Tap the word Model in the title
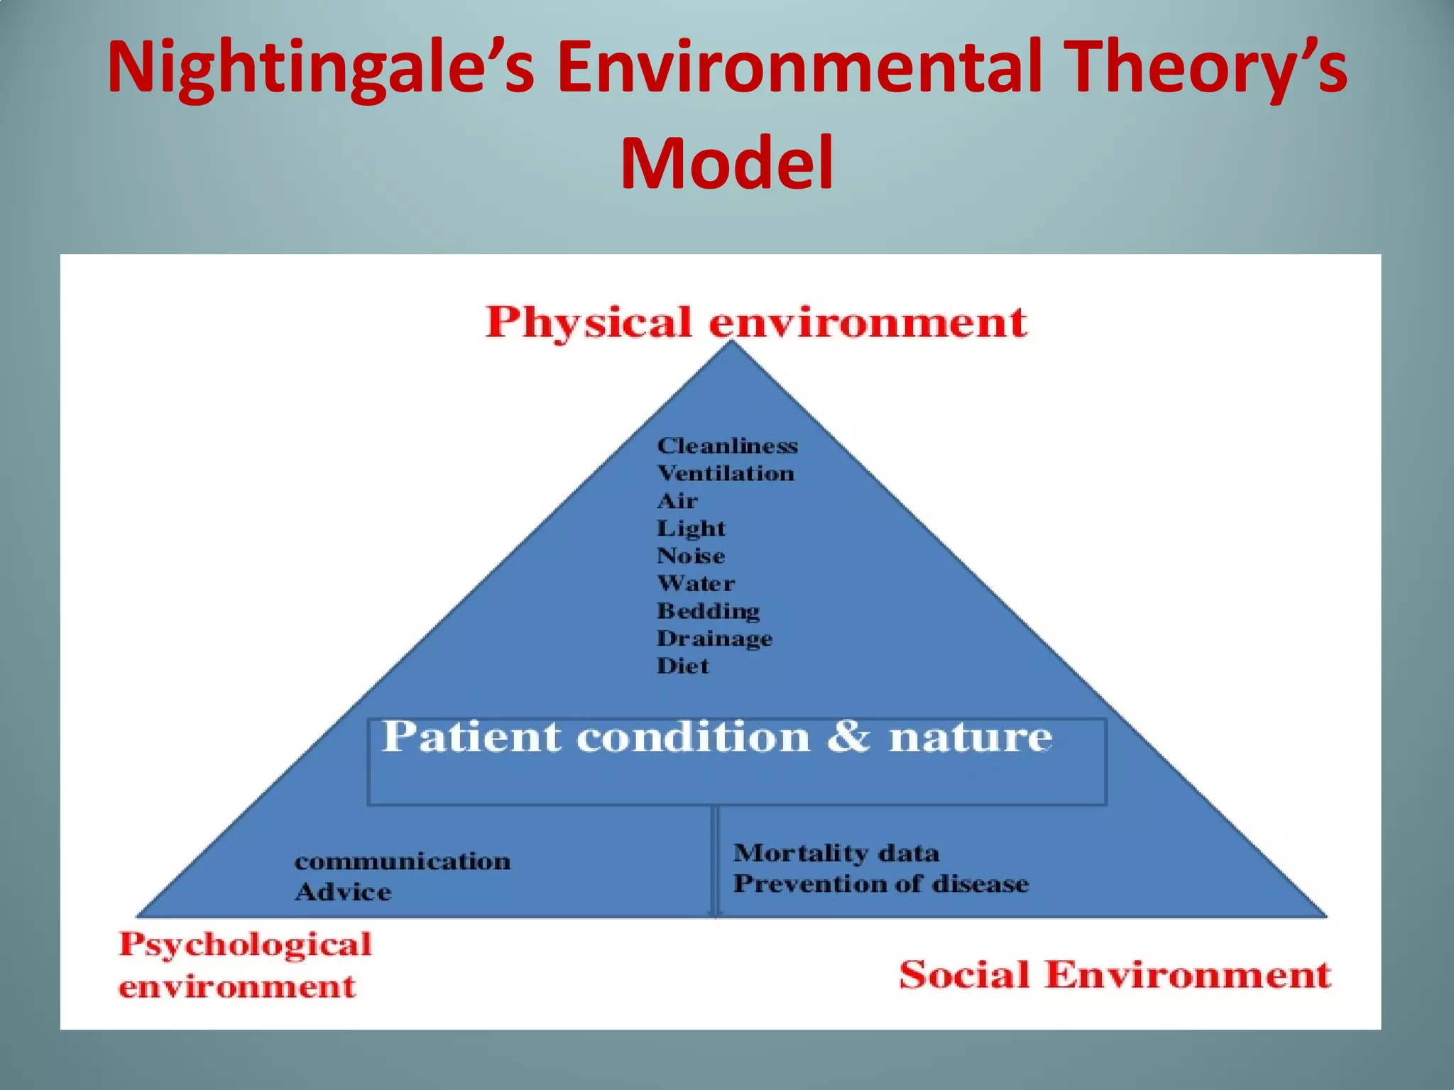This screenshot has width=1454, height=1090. [726, 165]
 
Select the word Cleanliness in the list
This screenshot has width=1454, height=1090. [727, 446]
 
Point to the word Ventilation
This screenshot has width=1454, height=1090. [725, 473]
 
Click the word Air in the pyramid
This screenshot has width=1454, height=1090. [677, 501]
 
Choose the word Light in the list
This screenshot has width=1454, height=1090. [691, 529]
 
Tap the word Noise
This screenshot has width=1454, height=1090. [691, 556]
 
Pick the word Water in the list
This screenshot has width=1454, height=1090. [696, 583]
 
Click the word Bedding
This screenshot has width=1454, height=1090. [708, 611]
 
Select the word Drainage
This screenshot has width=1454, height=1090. [714, 639]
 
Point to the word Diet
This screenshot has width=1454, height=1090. [682, 666]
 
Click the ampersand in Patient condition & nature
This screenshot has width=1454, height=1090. [848, 737]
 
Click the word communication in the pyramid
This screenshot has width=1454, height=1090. [403, 861]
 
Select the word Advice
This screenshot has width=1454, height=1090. [343, 892]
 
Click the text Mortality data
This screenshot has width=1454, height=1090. [836, 852]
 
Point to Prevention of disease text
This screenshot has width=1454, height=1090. [880, 883]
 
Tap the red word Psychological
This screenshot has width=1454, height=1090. [245, 945]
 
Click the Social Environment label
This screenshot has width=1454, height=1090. [1115, 974]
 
